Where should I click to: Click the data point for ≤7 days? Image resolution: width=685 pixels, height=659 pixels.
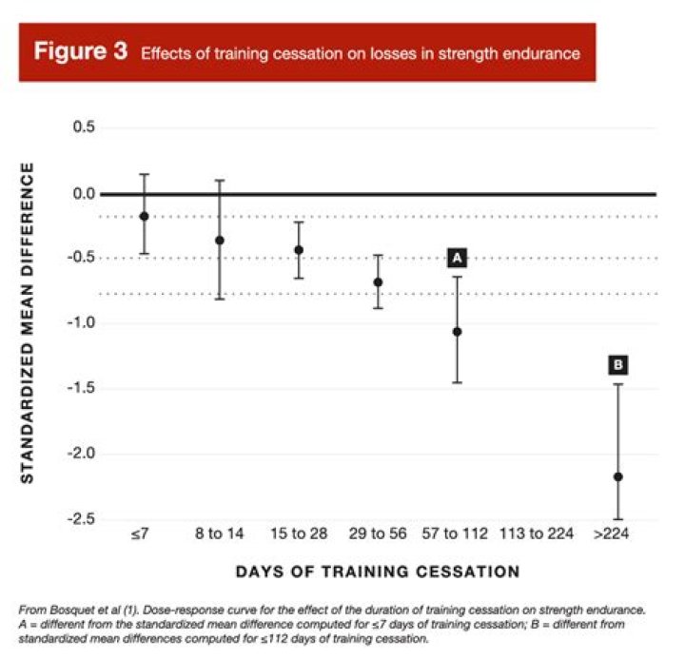(x=145, y=216)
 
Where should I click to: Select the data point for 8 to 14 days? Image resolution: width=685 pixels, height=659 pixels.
(x=220, y=241)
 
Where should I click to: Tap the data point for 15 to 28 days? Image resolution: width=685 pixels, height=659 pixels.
(x=299, y=250)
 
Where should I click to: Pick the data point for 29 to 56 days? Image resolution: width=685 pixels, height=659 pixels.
(x=378, y=282)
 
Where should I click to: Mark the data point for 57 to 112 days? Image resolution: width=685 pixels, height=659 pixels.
(x=457, y=332)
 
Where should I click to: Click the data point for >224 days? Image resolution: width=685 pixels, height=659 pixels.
(x=618, y=476)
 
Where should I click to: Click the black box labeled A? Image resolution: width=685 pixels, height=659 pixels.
(x=457, y=258)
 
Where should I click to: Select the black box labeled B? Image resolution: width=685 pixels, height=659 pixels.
(x=617, y=364)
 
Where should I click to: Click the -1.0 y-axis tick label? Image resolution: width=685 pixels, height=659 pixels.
(x=85, y=323)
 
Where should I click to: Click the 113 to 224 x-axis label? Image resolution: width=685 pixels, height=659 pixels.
(x=537, y=534)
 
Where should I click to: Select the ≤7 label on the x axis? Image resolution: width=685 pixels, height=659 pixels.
(x=140, y=534)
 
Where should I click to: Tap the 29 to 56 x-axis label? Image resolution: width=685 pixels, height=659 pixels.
(x=378, y=534)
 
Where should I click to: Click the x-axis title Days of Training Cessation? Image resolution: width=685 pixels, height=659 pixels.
(x=378, y=572)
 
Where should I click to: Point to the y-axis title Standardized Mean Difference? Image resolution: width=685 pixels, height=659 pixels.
(x=28, y=323)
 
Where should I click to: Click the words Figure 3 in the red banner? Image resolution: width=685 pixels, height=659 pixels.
(x=81, y=52)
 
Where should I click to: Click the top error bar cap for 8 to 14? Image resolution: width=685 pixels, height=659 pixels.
(x=220, y=180)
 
